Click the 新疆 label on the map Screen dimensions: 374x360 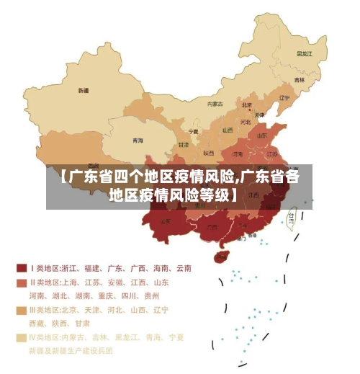click(x=84, y=92)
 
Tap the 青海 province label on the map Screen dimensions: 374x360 click(x=138, y=140)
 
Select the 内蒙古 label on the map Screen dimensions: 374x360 click(x=215, y=104)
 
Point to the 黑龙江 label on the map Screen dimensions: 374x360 click(x=305, y=53)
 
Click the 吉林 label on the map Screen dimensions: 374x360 click(x=299, y=80)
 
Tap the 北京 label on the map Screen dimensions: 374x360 click(x=246, y=105)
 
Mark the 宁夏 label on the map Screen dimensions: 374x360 click(x=193, y=132)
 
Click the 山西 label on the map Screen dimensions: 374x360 click(x=228, y=130)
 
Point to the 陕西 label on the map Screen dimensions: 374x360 click(x=209, y=153)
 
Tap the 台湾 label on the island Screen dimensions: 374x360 click(x=291, y=215)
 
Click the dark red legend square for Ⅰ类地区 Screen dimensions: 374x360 click(x=21, y=267)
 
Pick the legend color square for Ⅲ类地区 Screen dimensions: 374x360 click(x=21, y=310)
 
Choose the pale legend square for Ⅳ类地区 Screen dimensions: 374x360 click(x=21, y=337)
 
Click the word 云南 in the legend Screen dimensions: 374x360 click(x=182, y=268)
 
